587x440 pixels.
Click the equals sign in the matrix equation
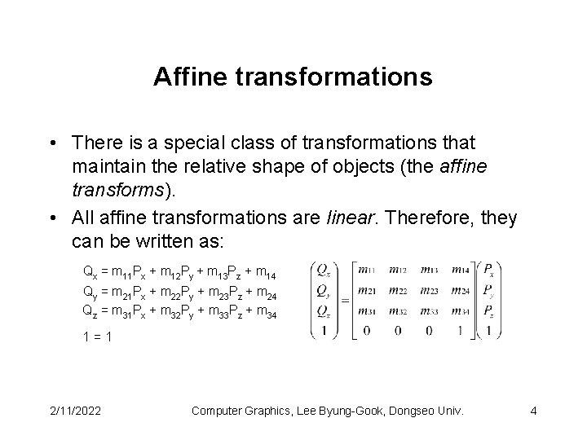click(x=342, y=299)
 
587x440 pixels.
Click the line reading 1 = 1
click(x=97, y=334)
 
